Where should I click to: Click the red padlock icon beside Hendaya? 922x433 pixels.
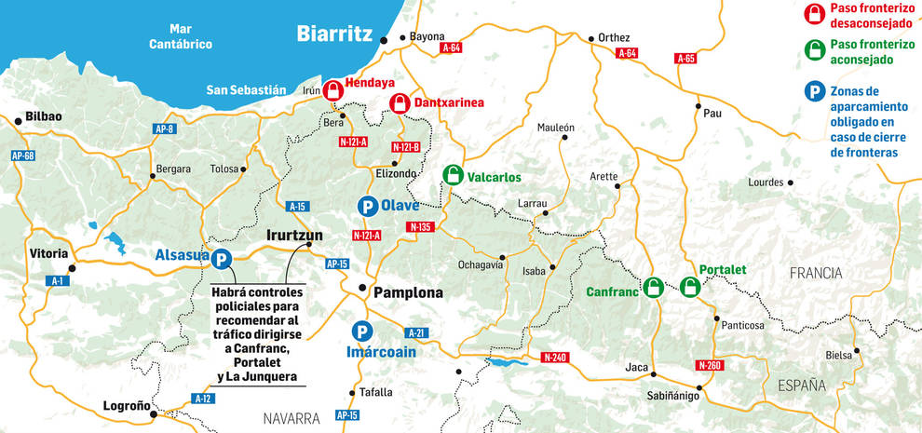click(x=332, y=90)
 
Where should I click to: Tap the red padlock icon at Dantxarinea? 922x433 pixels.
click(x=400, y=102)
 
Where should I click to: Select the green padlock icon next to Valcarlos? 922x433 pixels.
click(x=453, y=174)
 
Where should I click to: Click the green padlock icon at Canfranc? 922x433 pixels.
click(x=654, y=287)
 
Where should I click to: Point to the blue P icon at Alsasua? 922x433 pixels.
click(x=222, y=261)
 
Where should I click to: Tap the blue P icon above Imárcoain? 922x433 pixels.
click(x=360, y=331)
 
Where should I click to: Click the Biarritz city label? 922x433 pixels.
click(x=334, y=34)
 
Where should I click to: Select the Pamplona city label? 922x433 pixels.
click(x=408, y=292)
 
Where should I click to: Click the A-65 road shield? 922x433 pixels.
click(x=685, y=59)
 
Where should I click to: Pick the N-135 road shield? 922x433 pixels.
click(x=420, y=227)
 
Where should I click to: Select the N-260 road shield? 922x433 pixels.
click(x=709, y=365)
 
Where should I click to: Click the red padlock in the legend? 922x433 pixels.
click(x=814, y=12)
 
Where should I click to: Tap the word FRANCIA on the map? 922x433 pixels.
click(x=815, y=273)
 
